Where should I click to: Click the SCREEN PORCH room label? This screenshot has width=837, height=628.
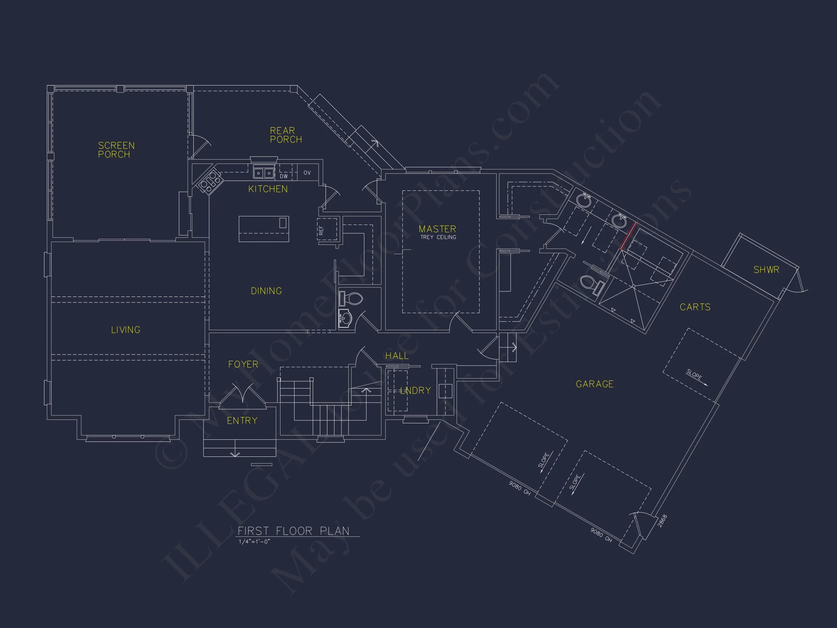tap(116, 150)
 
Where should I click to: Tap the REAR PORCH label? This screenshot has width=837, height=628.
tap(286, 135)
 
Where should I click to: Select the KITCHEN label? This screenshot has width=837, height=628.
tap(268, 189)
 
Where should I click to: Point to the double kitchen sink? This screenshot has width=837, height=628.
tap(264, 173)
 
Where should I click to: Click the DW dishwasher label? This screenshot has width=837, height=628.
tap(284, 176)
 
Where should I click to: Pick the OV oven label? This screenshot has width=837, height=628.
tap(307, 173)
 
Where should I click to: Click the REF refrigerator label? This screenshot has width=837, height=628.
tap(321, 230)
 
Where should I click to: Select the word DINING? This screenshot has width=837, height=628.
tap(266, 291)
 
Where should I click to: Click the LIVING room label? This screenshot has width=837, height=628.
tap(126, 330)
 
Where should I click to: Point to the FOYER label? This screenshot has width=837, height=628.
tap(243, 364)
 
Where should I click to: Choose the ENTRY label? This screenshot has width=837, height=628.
tap(242, 420)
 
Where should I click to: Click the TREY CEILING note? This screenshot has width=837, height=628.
tap(438, 237)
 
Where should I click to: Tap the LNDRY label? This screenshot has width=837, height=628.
tap(416, 390)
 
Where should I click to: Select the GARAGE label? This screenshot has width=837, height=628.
tap(594, 384)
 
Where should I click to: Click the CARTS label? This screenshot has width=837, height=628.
tap(695, 307)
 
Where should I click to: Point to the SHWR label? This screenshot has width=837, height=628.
tap(766, 270)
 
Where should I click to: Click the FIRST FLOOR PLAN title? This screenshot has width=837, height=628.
tap(294, 531)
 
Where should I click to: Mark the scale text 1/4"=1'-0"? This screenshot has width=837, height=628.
tap(254, 542)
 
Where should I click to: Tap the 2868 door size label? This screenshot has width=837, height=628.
tap(662, 521)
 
